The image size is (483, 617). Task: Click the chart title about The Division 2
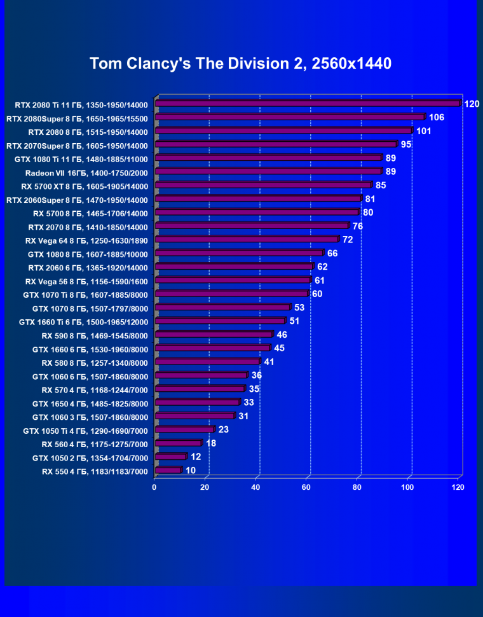click(240, 64)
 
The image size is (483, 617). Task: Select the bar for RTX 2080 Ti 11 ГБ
click(307, 104)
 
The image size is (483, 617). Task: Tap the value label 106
click(437, 118)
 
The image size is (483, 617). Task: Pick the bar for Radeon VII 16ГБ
click(268, 172)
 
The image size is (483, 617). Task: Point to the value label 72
click(348, 240)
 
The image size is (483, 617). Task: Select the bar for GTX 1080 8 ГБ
click(239, 253)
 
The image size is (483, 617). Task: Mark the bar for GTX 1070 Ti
click(231, 294)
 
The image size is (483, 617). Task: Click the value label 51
click(294, 321)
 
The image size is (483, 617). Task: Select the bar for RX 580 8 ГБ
click(207, 362)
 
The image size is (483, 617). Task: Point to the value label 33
click(248, 403)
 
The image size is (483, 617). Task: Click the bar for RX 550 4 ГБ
click(168, 471)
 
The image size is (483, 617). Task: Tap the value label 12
click(196, 457)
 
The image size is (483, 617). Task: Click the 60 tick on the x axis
click(306, 487)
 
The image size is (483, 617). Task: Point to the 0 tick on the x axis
click(154, 487)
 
